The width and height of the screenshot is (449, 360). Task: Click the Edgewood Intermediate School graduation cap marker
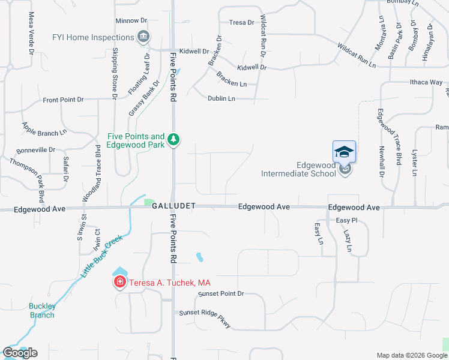(345, 152)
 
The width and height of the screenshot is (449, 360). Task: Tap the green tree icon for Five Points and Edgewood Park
(173, 139)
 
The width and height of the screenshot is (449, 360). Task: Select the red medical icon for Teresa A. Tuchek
(119, 282)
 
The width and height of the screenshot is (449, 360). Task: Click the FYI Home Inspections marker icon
(143, 37)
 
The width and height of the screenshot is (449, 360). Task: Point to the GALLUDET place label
(173, 206)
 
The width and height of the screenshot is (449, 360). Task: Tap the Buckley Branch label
(43, 311)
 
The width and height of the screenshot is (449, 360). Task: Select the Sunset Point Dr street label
(221, 293)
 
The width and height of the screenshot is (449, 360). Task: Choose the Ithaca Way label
(426, 82)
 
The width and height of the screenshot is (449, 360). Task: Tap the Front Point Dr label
(63, 100)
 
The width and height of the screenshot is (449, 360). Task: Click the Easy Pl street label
(346, 221)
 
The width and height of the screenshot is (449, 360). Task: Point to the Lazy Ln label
(348, 240)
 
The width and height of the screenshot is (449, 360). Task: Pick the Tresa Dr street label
(241, 23)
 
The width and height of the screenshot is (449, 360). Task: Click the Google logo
(20, 353)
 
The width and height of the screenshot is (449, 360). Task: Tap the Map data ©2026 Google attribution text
(412, 355)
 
